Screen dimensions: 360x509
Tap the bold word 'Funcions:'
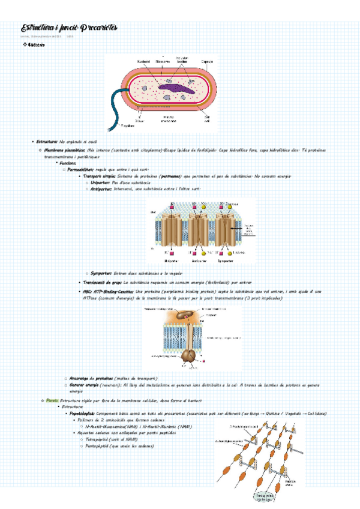(x=67, y=163)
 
